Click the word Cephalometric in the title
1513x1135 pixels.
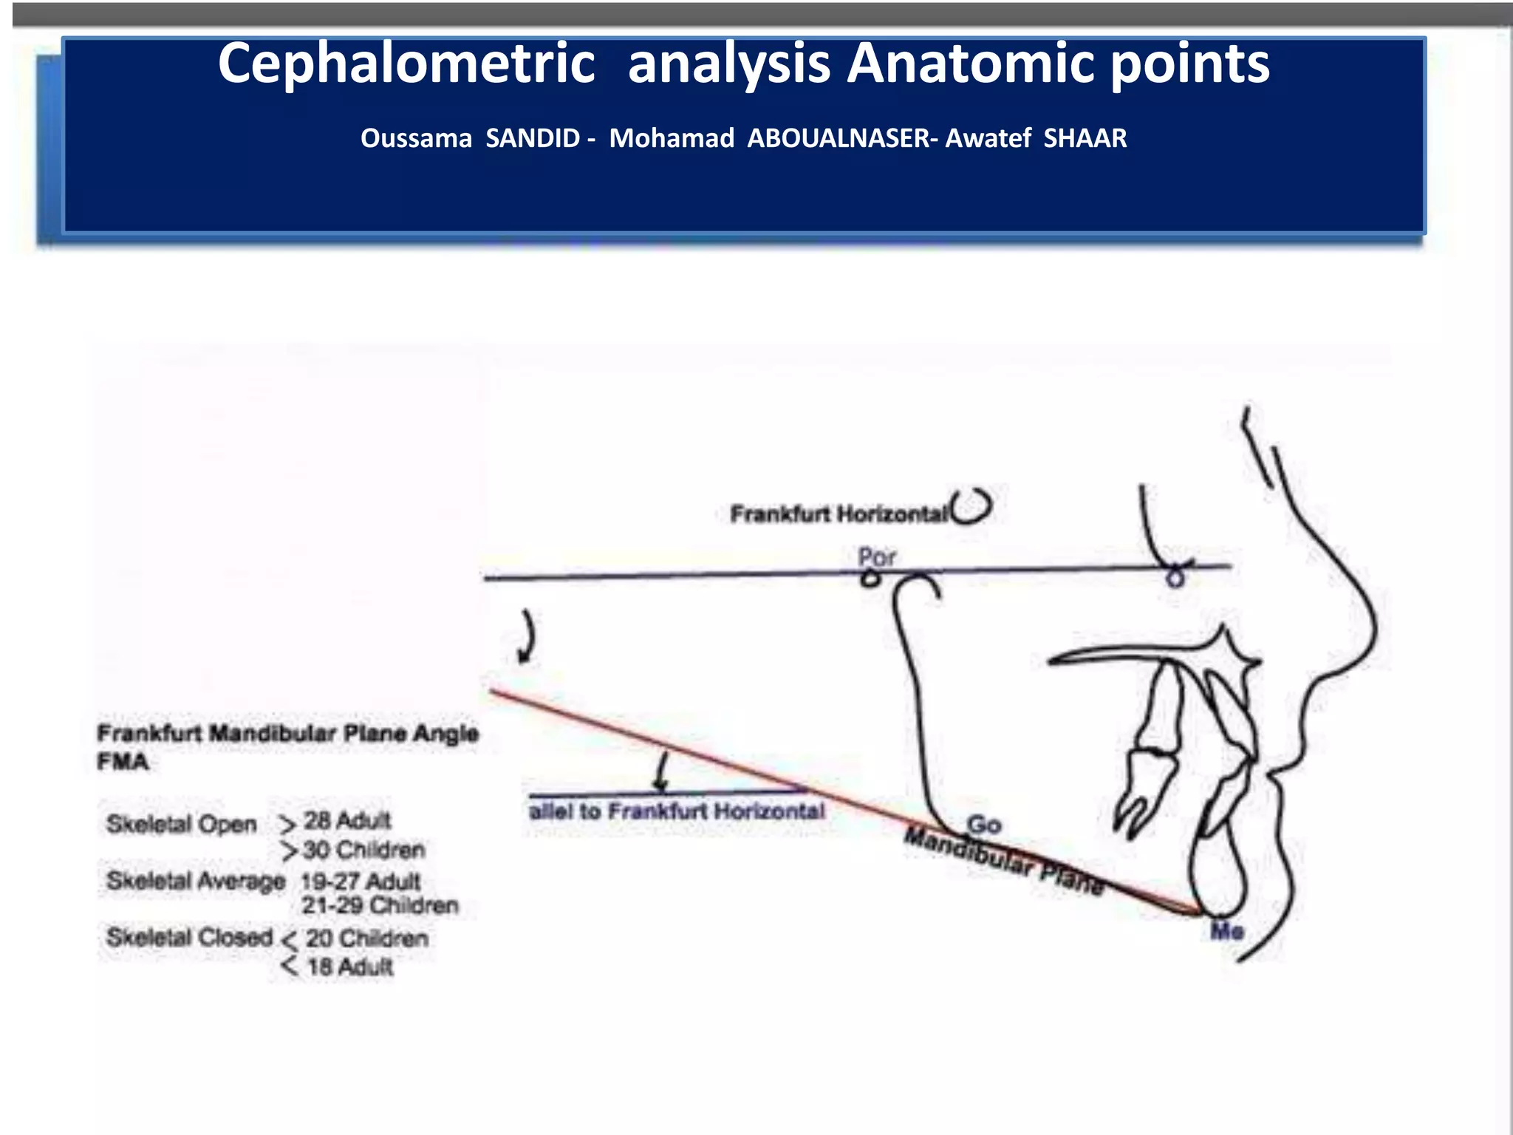[x=406, y=64]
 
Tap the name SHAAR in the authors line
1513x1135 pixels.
[x=1085, y=138]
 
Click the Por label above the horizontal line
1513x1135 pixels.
[x=876, y=556]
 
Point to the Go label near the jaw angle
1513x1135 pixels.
[x=983, y=824]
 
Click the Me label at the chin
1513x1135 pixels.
[x=1226, y=931]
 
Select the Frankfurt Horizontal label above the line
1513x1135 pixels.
[x=838, y=514]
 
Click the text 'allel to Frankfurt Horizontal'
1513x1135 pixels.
[x=677, y=811]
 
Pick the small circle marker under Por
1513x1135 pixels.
[x=870, y=579]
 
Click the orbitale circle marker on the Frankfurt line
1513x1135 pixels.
[x=1175, y=579]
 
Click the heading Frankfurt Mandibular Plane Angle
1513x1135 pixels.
[x=288, y=734]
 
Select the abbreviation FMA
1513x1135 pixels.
[x=123, y=762]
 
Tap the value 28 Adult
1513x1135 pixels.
[x=347, y=820]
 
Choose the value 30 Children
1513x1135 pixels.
[x=363, y=850]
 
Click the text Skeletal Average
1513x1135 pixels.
[x=196, y=881]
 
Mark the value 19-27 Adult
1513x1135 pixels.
[x=361, y=881]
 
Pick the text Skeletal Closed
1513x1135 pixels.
[x=190, y=937]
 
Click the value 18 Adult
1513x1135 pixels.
[x=349, y=967]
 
